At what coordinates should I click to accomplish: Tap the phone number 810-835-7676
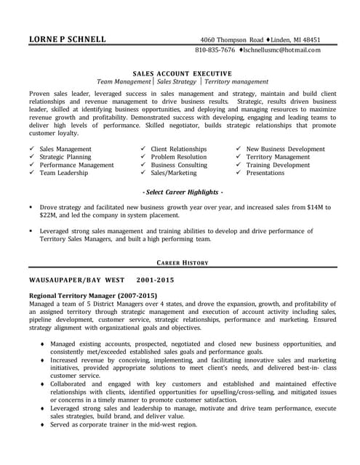pos(215,50)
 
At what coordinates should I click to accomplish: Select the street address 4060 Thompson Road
pos(232,39)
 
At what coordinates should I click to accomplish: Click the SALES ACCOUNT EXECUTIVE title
pos(183,73)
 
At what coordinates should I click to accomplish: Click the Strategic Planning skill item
pos(65,157)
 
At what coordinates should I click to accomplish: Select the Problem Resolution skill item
pos(179,157)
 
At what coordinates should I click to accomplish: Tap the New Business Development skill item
pos(286,149)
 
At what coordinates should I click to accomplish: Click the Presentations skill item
pos(265,174)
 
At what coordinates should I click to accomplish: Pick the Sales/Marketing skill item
pos(174,174)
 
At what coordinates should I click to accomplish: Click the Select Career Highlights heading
pos(183,191)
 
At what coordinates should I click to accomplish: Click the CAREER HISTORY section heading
pos(183,262)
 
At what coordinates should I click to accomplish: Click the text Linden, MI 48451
pos(297,39)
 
